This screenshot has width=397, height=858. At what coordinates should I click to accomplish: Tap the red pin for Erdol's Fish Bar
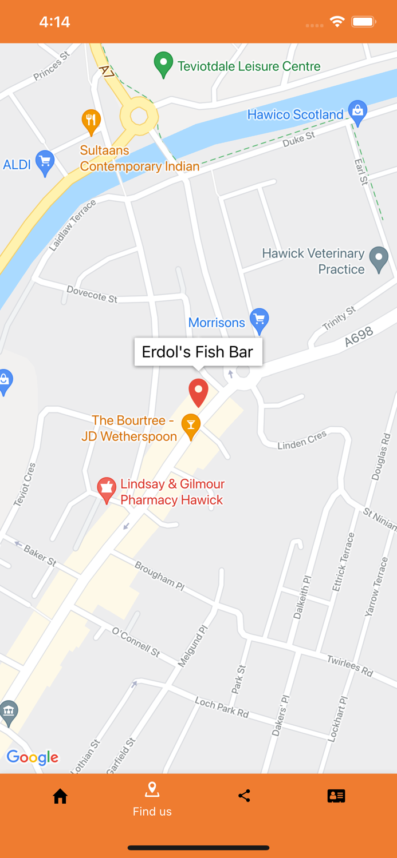(198, 392)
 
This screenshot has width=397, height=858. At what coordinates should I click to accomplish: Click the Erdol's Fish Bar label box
(198, 352)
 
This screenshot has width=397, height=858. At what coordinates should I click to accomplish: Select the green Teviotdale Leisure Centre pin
(163, 64)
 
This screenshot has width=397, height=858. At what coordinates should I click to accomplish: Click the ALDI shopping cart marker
(45, 162)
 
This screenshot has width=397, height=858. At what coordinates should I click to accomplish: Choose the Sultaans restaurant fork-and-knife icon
(91, 121)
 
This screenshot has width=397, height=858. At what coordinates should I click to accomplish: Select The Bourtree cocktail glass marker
(191, 426)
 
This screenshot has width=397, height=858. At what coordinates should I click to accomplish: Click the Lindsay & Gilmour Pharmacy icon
(107, 489)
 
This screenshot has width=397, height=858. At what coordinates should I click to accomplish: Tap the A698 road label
(359, 337)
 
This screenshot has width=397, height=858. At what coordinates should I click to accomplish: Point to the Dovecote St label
(92, 294)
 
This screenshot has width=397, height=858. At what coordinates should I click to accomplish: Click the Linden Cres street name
(302, 440)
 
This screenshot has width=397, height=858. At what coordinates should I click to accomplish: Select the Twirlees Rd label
(350, 666)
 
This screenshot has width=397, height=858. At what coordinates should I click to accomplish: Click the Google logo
(33, 757)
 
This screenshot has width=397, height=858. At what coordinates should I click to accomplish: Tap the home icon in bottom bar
(60, 796)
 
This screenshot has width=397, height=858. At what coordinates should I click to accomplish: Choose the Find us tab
(152, 799)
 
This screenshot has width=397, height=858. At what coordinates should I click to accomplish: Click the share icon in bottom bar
(244, 796)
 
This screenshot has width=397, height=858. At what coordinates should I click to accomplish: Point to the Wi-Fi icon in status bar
(337, 22)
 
